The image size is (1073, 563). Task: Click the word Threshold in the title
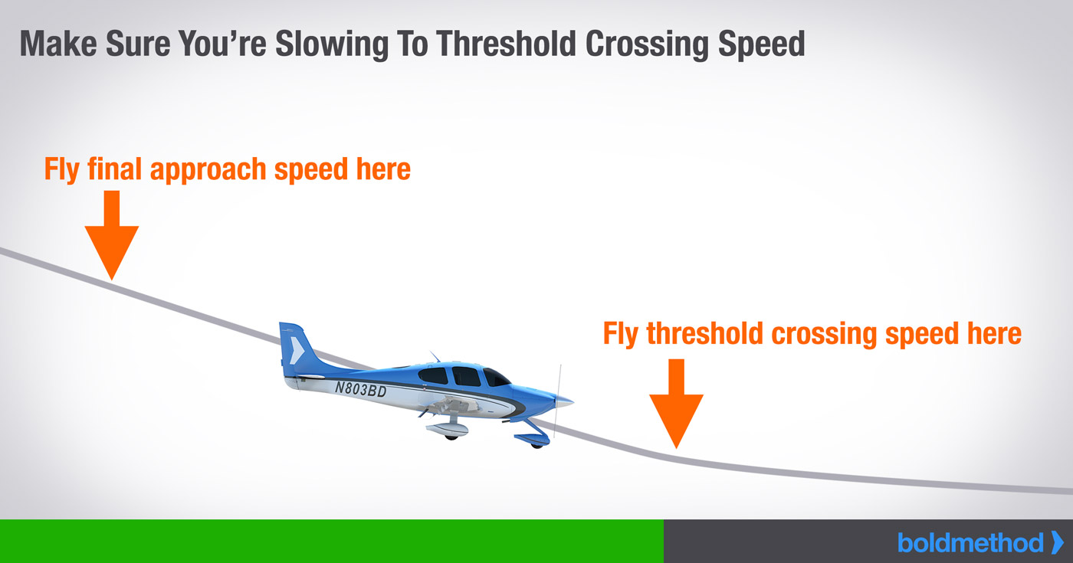(x=506, y=44)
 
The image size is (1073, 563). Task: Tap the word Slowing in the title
(x=331, y=45)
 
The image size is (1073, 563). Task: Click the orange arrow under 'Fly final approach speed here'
(x=112, y=234)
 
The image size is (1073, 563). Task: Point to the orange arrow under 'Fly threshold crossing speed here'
(x=676, y=403)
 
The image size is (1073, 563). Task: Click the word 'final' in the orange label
(x=114, y=169)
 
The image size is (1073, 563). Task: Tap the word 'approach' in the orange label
(x=208, y=170)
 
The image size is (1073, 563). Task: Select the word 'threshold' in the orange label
(x=704, y=333)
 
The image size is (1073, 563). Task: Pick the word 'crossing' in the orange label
(x=824, y=335)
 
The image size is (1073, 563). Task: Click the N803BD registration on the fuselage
(x=360, y=389)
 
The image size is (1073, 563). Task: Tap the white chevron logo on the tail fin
(x=297, y=350)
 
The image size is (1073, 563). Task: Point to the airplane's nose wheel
(x=536, y=445)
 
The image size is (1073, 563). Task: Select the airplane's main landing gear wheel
(x=451, y=437)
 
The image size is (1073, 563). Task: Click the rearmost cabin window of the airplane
(x=433, y=376)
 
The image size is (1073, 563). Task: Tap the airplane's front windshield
(x=496, y=378)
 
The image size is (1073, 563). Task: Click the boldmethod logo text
(x=970, y=543)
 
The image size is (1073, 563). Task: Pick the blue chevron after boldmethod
(x=1057, y=542)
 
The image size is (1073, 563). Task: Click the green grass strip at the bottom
(x=331, y=541)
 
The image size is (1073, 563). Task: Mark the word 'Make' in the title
(x=58, y=44)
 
